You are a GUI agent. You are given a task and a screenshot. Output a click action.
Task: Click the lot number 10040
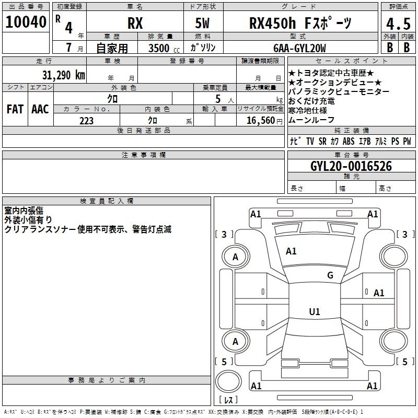click(26, 22)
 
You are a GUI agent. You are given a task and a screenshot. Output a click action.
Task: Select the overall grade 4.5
click(398, 24)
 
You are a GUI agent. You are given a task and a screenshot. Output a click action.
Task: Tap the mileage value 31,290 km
click(63, 75)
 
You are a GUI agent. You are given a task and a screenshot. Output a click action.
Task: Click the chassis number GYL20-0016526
click(351, 166)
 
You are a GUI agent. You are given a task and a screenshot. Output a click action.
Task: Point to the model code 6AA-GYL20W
click(299, 48)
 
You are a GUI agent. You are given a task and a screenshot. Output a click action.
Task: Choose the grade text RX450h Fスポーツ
click(300, 23)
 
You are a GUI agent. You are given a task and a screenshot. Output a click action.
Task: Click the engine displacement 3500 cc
click(164, 48)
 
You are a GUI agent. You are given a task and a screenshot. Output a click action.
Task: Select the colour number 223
click(86, 121)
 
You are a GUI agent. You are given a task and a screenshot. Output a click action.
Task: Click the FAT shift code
click(15, 109)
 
